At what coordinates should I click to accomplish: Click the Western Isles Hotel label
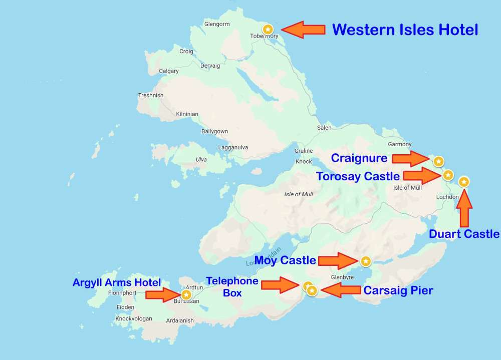[405, 30]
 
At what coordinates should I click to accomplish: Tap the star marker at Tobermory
[268, 30]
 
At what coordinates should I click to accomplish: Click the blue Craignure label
[359, 159]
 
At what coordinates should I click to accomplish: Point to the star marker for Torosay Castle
[448, 175]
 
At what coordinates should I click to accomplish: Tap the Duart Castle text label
[464, 234]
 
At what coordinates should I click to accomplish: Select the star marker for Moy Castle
[366, 261]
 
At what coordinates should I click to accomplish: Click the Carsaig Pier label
[398, 290]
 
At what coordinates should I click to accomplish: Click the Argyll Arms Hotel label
[117, 282]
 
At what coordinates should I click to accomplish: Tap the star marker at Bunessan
[186, 294]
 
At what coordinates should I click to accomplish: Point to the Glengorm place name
[217, 24]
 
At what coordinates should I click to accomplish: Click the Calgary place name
[169, 71]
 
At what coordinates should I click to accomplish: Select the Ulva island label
[201, 160]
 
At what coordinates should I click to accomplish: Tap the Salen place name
[324, 128]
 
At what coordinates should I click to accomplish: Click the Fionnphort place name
[122, 293]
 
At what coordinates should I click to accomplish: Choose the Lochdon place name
[447, 197]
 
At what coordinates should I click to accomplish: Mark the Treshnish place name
[151, 96]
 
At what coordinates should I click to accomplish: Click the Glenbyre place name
[343, 277]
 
